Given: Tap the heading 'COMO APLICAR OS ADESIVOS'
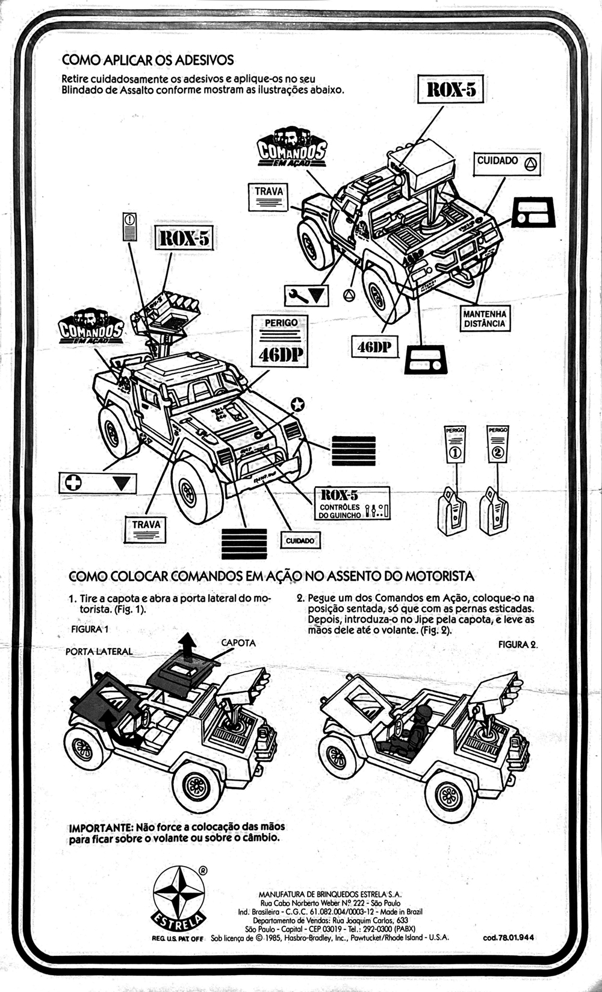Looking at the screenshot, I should pos(147,60).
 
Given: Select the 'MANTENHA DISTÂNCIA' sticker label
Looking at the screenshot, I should pos(484,319).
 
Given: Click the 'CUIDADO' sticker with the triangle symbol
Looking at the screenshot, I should pos(507,162).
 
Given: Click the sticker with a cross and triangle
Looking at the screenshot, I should pos(98,483).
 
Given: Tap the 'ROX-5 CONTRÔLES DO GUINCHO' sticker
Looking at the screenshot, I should pos(353,504).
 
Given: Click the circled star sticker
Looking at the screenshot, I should pos(297,405).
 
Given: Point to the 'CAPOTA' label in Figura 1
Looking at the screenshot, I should pos(238,643).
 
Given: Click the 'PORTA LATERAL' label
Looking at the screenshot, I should pos(99,652).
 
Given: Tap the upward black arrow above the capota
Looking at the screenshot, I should pos(189,646).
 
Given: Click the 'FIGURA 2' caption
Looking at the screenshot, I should pos(517,644).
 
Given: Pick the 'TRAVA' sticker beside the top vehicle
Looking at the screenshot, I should pos(268,198).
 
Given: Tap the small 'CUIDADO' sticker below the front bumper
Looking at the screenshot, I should pos(300,540).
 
